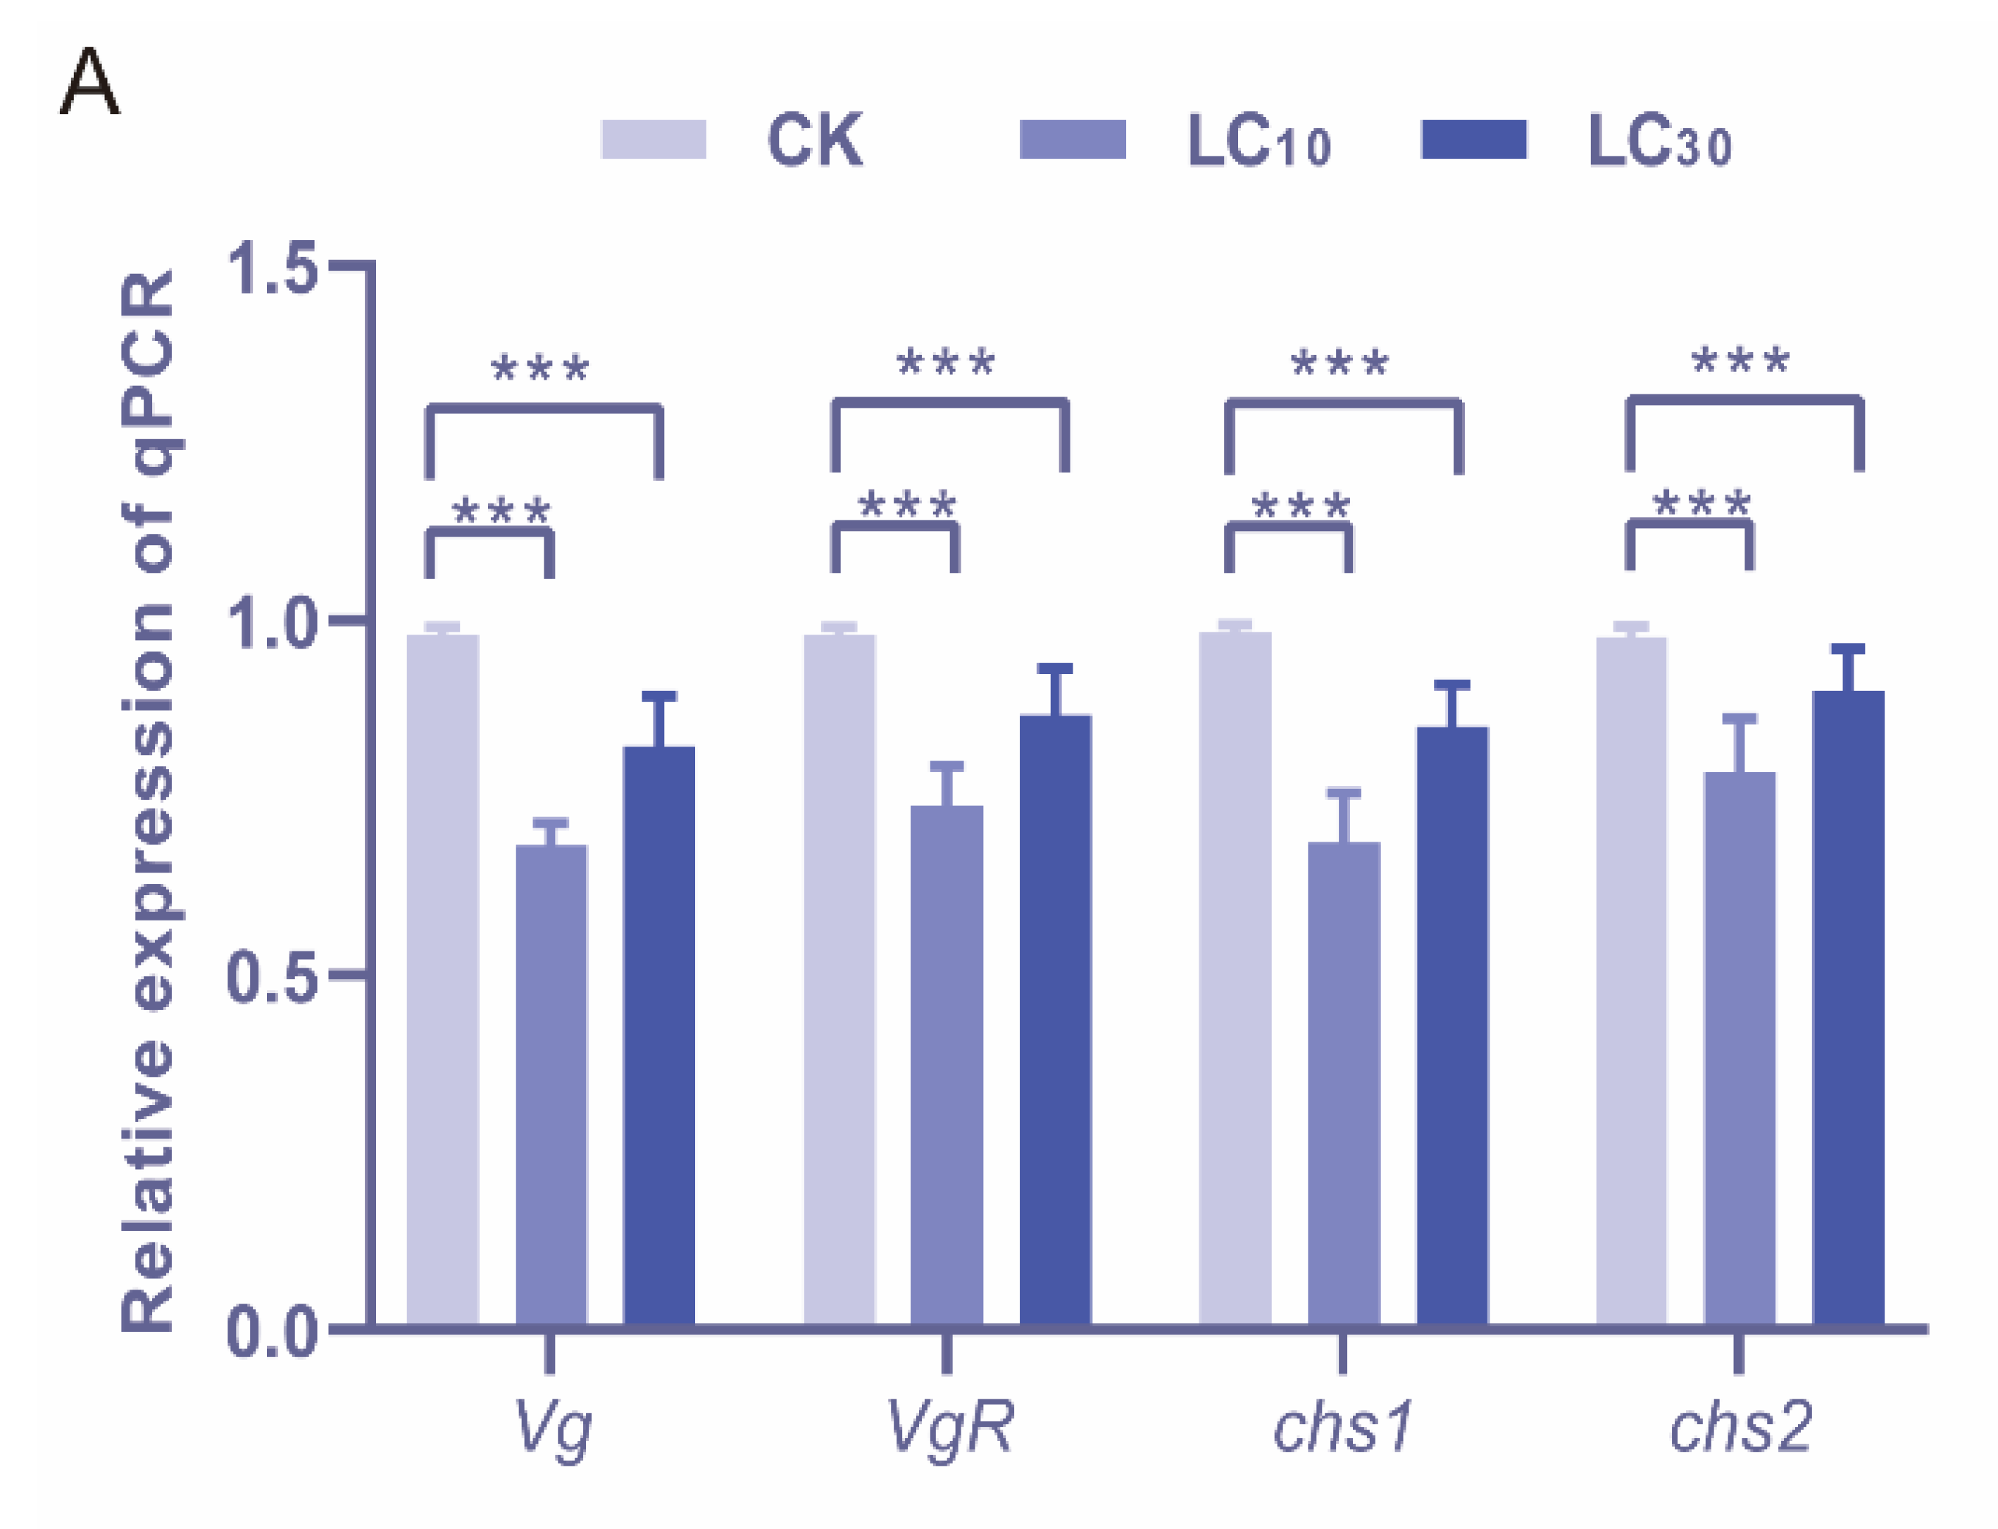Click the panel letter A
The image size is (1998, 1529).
click(89, 83)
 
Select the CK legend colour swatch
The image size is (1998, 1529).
click(654, 139)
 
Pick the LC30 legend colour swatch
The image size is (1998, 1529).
click(1473, 139)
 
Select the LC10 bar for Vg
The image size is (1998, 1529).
click(551, 1083)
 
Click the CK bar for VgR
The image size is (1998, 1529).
click(839, 978)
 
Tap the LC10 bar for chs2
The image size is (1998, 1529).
click(1739, 1047)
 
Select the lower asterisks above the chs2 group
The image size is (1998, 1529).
click(1701, 504)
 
